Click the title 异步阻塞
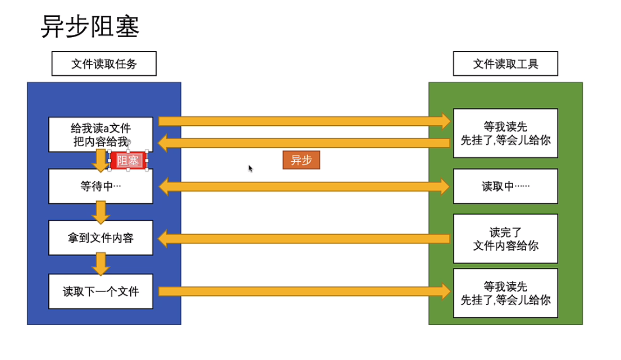pyautogui.click(x=90, y=27)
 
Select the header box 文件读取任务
pyautogui.click(x=104, y=64)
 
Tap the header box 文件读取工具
pyautogui.click(x=505, y=64)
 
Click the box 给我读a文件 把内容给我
pyautogui.click(x=101, y=134)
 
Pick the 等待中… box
pyautogui.click(x=101, y=186)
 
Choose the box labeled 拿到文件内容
pyautogui.click(x=101, y=238)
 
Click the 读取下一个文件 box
pyautogui.click(x=101, y=291)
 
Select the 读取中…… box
pyautogui.click(x=505, y=186)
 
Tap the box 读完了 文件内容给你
pyautogui.click(x=505, y=239)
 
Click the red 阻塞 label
pyautogui.click(x=129, y=161)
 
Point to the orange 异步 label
pyautogui.click(x=301, y=161)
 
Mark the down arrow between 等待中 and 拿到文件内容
pyautogui.click(x=101, y=212)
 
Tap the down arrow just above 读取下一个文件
pyautogui.click(x=101, y=263)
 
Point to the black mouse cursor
pyautogui.click(x=250, y=168)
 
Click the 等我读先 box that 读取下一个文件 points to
pyautogui.click(x=505, y=293)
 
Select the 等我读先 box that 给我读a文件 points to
pyautogui.click(x=505, y=134)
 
